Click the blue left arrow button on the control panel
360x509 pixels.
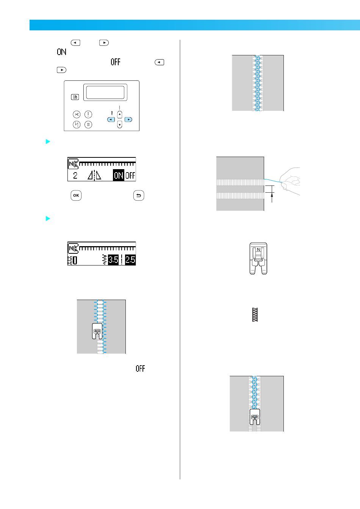click(x=111, y=119)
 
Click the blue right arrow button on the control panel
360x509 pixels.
click(x=128, y=119)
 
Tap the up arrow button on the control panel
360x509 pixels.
click(x=120, y=114)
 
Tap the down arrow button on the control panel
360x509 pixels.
click(x=120, y=125)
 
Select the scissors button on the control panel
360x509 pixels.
click(x=77, y=114)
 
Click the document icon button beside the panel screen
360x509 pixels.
click(x=75, y=97)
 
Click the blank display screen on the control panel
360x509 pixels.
click(x=105, y=92)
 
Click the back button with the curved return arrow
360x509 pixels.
click(x=139, y=196)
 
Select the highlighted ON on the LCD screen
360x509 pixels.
click(x=119, y=175)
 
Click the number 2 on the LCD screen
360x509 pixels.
click(x=75, y=175)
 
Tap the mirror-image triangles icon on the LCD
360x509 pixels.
click(x=94, y=175)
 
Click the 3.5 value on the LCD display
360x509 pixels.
click(x=113, y=260)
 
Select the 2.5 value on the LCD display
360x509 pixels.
click(x=130, y=260)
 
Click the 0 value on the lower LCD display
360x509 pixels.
click(x=75, y=260)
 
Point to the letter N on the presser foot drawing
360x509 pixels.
click(x=258, y=250)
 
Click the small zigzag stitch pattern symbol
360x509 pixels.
click(x=255, y=314)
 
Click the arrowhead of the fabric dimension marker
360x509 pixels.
click(x=272, y=195)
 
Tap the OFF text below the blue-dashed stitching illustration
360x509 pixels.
click(x=140, y=368)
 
